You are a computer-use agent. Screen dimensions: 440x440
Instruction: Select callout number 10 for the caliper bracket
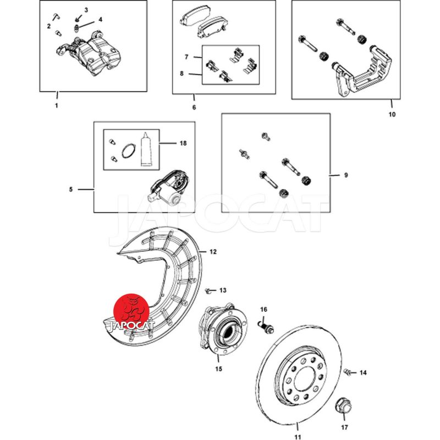(391, 114)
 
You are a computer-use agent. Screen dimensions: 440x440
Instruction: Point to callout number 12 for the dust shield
(213, 252)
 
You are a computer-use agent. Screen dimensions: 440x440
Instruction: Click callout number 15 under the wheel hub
(218, 369)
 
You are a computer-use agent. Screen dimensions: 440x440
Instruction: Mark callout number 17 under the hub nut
(345, 427)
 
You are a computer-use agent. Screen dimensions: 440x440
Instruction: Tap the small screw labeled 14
(348, 373)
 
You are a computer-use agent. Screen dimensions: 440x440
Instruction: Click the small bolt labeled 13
(207, 289)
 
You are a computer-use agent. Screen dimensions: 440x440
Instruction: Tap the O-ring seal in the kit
(128, 151)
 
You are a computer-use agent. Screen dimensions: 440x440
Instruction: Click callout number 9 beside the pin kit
(345, 175)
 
